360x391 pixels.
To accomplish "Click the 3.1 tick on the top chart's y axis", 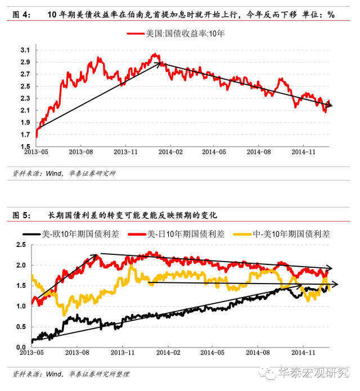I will pos(25,50).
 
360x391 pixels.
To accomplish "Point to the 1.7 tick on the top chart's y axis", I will pos(25,134).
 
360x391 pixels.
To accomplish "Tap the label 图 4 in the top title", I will pos(21,15).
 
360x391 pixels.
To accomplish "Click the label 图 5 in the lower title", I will pos(21,215).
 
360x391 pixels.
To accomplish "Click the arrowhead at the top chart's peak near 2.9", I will pos(158,64).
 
